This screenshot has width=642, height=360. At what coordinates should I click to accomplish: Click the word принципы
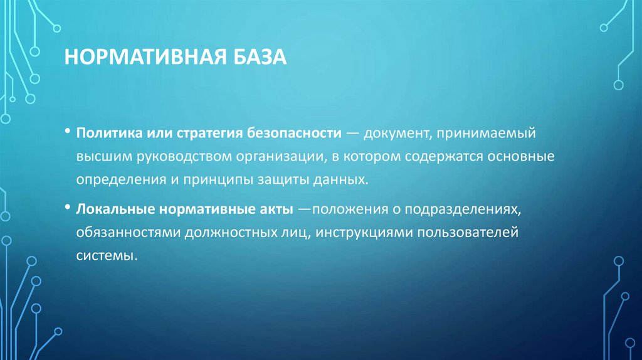click(x=213, y=179)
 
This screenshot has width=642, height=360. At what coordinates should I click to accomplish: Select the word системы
click(x=105, y=256)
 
